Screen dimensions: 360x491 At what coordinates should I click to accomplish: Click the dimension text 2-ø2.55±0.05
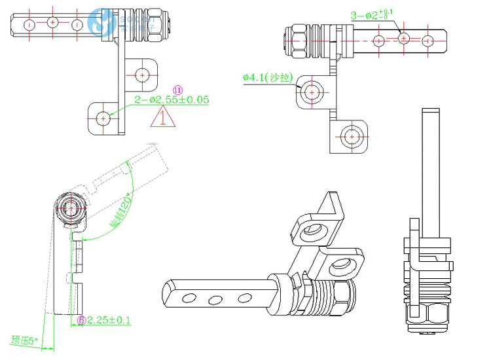pos(171,100)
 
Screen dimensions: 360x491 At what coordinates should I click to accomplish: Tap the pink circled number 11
pos(177,89)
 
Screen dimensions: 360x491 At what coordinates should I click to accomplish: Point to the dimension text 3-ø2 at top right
pos(371,14)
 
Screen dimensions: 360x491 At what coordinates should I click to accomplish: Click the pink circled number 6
pos(81,320)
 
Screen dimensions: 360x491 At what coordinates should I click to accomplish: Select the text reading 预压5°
pos(25,340)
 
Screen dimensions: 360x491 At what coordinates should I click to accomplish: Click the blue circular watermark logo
pos(101,24)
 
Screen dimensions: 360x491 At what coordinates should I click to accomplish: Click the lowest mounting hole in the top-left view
pos(103,118)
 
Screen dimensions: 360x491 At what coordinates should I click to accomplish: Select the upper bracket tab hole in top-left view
pos(142,74)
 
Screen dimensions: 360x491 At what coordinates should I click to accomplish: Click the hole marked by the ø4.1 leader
pos(312,92)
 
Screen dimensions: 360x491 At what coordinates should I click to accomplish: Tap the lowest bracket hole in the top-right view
pos(352,136)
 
